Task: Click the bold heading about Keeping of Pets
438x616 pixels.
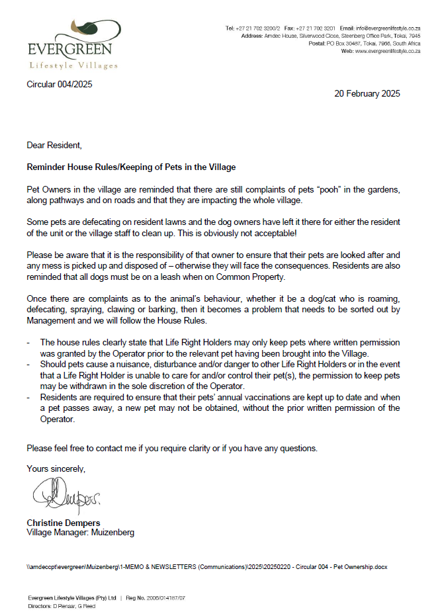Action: click(131, 167)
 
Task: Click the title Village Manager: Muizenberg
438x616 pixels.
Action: click(80, 532)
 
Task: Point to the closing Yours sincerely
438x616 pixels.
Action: click(56, 468)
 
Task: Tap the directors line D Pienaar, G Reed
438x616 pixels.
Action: click(63, 605)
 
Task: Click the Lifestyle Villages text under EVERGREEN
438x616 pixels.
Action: click(73, 66)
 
